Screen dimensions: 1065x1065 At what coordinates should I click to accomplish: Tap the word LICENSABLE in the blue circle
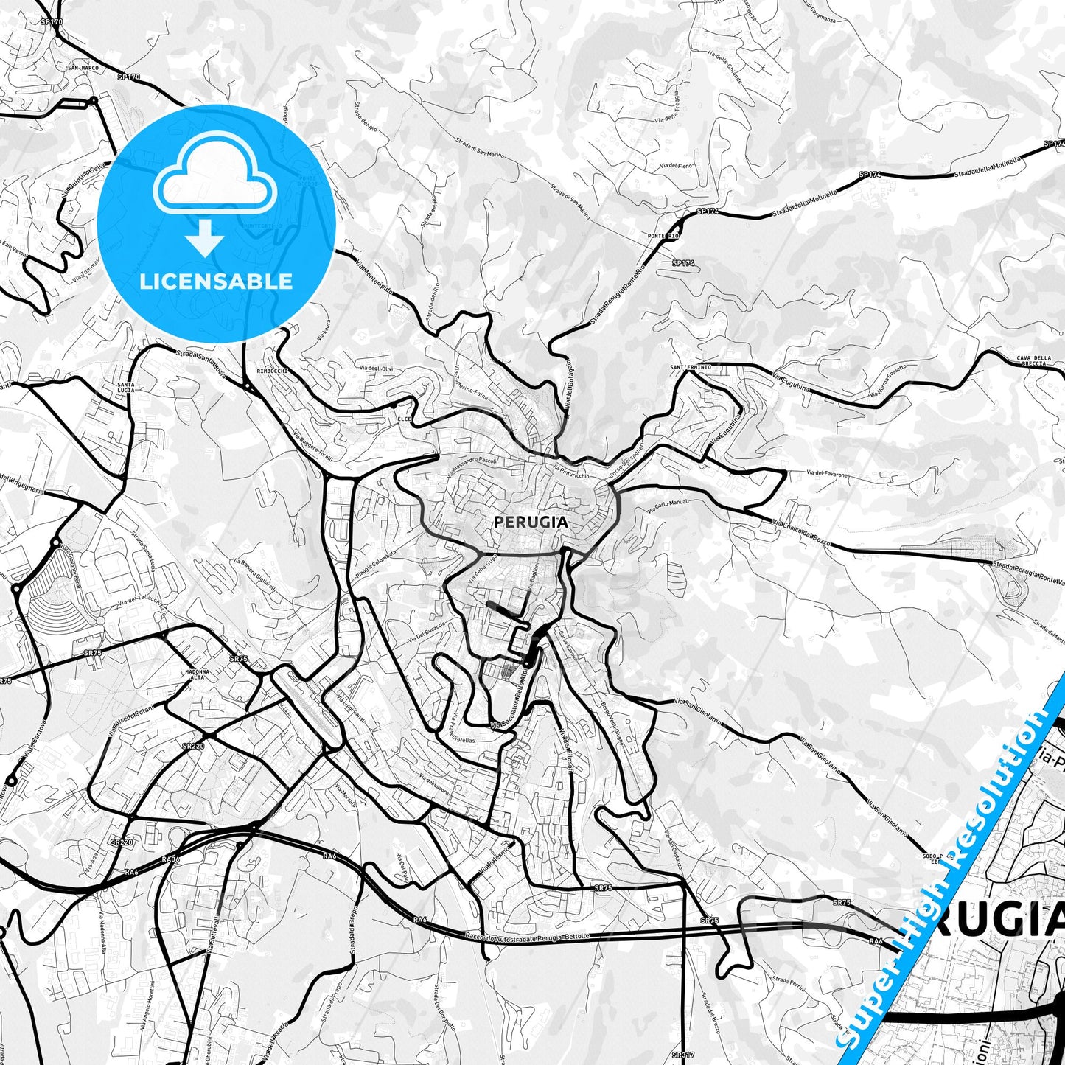coord(216,281)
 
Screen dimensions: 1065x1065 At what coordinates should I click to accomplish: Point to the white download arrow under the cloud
coord(205,239)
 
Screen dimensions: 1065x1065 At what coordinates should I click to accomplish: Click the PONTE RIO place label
coord(663,236)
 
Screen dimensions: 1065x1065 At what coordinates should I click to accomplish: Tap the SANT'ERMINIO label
coord(691,367)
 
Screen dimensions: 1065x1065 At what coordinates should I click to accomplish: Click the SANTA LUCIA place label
coord(125,388)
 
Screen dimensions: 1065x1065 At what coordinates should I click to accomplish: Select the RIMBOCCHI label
coord(272,371)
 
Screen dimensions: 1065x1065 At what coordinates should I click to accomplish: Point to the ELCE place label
coord(403,419)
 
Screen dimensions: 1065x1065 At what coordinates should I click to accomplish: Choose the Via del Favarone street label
coord(827,474)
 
